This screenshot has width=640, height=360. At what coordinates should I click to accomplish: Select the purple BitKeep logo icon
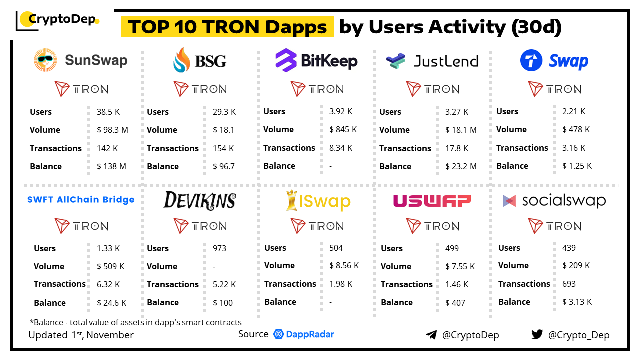(286, 61)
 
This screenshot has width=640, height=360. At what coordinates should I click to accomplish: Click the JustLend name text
(446, 61)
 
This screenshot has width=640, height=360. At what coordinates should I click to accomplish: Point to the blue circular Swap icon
(531, 61)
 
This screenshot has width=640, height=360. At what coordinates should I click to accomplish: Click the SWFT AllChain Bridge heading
(81, 200)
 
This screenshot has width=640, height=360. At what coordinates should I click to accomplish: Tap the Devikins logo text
(199, 200)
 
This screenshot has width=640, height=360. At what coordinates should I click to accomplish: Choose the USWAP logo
(432, 201)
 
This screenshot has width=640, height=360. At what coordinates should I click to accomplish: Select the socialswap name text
(564, 201)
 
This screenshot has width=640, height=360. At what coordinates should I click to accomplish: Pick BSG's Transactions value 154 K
(224, 148)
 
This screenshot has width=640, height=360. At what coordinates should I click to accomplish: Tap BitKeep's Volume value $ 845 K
(343, 129)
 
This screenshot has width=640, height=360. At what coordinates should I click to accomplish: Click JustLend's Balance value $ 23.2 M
(461, 166)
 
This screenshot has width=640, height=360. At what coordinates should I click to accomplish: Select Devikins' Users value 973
(219, 248)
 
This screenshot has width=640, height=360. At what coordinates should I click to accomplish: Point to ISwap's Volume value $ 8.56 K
(344, 266)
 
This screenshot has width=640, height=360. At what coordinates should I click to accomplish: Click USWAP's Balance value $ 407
(455, 303)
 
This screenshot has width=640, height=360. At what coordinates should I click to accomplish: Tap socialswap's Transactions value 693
(569, 284)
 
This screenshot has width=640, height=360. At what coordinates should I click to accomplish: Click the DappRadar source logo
(304, 334)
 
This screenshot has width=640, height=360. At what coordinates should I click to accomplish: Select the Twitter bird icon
(537, 334)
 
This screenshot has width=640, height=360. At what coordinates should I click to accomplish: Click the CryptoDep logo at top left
(57, 20)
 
